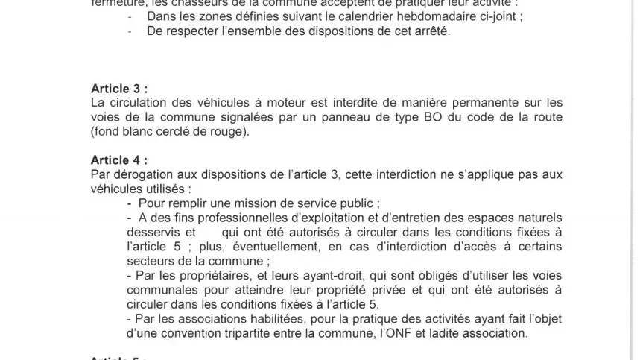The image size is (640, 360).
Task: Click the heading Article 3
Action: (x=119, y=88)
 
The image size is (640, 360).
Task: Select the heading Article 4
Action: (x=119, y=160)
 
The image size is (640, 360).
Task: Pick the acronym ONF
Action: (x=396, y=333)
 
